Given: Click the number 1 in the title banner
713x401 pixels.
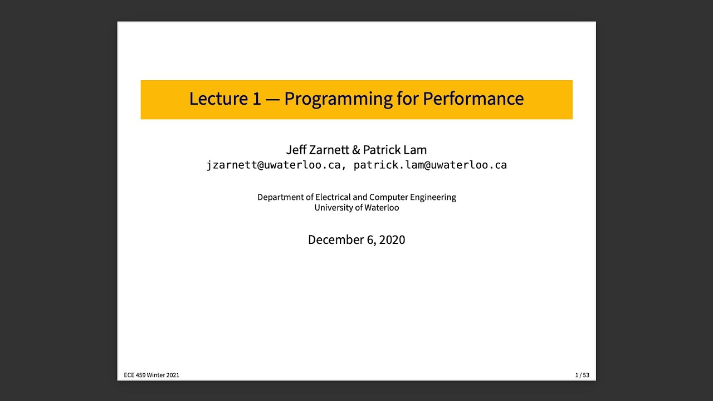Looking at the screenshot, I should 257,99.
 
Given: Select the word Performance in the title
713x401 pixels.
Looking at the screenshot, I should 473,99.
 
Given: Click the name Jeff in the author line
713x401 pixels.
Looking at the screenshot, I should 296,150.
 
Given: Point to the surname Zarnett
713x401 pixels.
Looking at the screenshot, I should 329,150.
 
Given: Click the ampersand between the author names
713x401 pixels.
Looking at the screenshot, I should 356,150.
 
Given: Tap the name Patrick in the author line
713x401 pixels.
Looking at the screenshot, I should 382,150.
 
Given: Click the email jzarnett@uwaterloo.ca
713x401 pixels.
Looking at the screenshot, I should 273,165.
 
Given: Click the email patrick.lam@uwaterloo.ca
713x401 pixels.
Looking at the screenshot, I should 430,165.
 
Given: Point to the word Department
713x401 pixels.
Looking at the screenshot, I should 280,197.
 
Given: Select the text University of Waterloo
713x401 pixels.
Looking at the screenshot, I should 356,208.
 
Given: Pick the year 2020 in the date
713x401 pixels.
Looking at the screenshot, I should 392,240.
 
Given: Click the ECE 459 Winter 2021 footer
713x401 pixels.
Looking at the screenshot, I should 152,375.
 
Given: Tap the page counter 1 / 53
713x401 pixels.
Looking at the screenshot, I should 582,375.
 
